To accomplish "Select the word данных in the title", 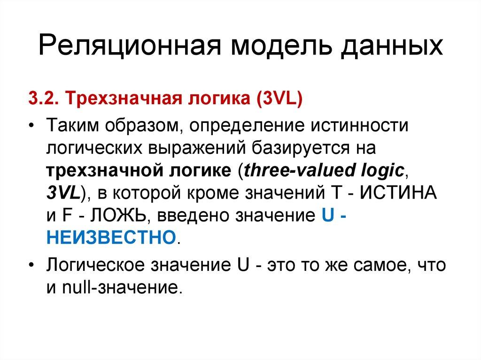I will [x=391, y=47].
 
